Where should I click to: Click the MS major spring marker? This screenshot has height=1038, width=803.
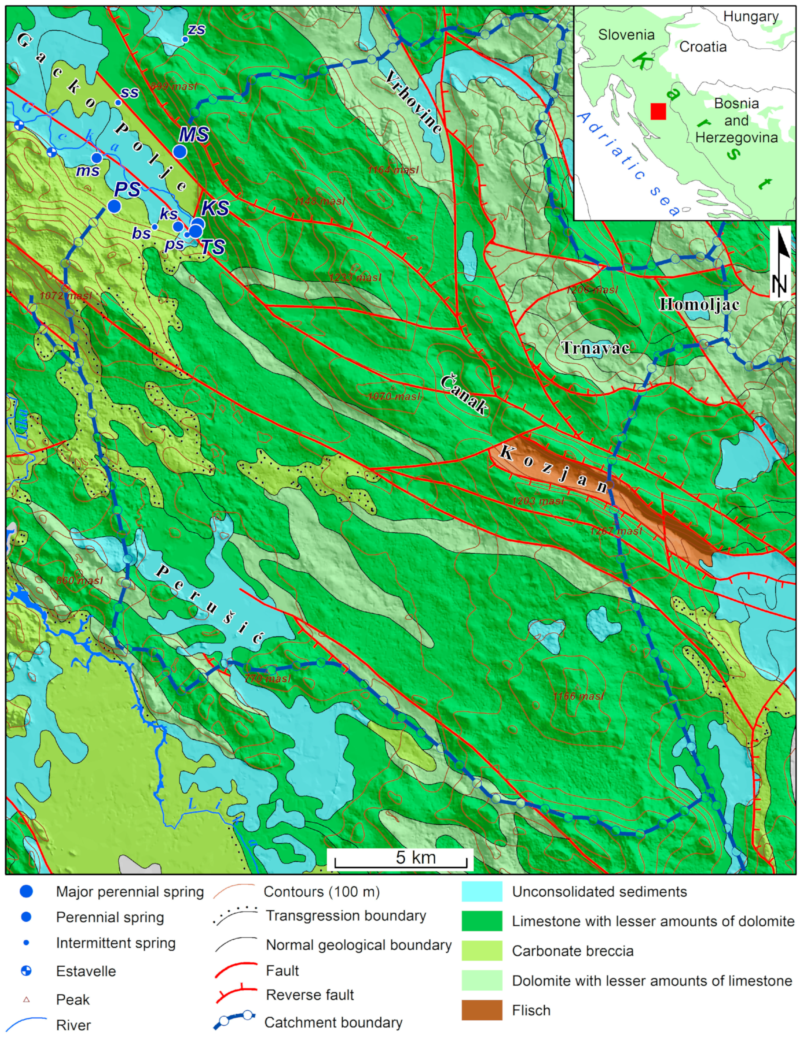[180, 152]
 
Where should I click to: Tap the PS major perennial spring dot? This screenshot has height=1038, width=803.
[114, 206]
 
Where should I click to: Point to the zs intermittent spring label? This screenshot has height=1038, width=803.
[196, 30]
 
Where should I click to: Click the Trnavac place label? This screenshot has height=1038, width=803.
[595, 348]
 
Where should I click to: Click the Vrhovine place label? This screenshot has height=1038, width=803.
[414, 101]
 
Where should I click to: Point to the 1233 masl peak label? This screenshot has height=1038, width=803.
[355, 277]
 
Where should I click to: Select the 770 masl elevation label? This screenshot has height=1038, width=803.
[268, 679]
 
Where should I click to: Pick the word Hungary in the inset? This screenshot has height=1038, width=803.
[751, 17]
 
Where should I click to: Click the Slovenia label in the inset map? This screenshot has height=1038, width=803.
[626, 35]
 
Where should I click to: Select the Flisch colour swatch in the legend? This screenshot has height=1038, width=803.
[482, 1010]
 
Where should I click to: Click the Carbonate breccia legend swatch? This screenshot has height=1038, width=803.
[482, 950]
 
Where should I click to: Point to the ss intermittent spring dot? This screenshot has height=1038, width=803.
[118, 102]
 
